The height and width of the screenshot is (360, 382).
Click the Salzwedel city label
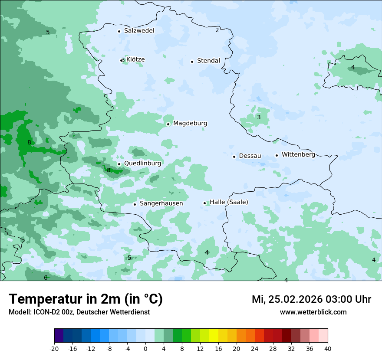(139, 31)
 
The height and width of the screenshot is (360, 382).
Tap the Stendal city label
(208, 61)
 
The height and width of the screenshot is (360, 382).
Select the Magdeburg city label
(190, 123)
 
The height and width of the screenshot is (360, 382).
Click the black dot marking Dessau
(234, 157)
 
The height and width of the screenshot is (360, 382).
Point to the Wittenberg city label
(298, 154)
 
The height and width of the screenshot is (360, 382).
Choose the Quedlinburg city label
(142, 164)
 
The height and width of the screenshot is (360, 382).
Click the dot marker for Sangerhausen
(135, 204)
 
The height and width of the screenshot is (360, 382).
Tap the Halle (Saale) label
(229, 202)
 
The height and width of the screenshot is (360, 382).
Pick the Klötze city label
(135, 59)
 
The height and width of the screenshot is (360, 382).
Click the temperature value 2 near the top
(217, 30)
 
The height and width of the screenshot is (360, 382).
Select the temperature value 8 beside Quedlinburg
(109, 170)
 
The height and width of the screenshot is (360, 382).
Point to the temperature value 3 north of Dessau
(259, 117)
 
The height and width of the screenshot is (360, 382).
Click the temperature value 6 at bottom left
(46, 278)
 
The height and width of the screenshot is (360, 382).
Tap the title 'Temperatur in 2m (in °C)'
(86, 299)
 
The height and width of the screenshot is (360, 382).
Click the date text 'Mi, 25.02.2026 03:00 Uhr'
(311, 299)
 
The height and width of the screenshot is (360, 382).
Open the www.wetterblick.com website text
(313, 312)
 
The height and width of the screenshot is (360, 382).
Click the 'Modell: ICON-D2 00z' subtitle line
(79, 312)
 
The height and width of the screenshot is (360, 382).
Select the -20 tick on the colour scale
(54, 349)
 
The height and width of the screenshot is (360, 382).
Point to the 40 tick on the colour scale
(328, 349)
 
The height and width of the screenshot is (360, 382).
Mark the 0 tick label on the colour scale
(145, 349)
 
